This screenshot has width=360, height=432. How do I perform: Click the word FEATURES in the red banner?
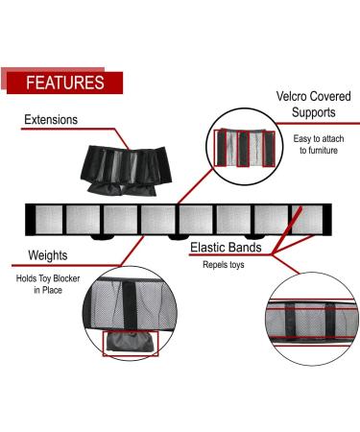[64, 83]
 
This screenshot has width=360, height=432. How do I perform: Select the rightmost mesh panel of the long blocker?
[308, 219]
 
